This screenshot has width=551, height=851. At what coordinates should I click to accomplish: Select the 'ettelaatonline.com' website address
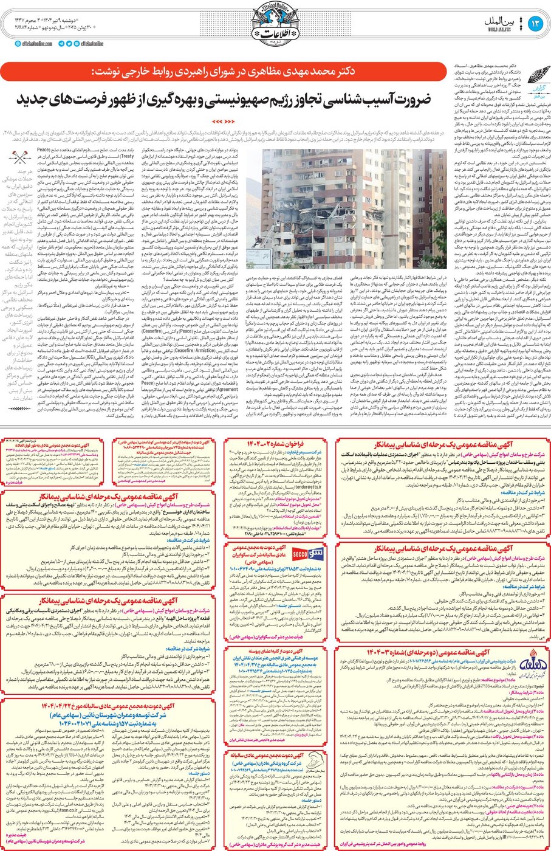click(36, 44)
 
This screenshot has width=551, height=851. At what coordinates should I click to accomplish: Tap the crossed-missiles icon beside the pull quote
click(20, 157)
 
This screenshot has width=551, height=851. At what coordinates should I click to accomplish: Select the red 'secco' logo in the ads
click(300, 555)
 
